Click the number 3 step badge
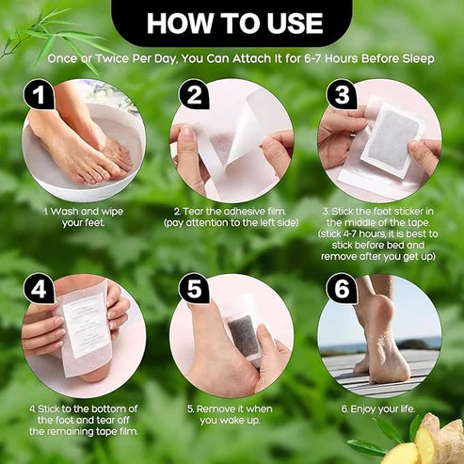click(340, 94)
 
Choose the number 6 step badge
click(340, 287)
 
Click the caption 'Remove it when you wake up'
click(232, 415)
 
